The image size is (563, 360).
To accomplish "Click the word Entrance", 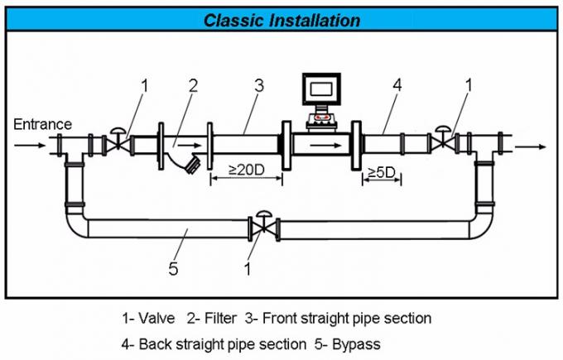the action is coord(42,124).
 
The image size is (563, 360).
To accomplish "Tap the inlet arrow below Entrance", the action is coord(30,145).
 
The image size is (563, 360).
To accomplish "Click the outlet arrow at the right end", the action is coord(531,146).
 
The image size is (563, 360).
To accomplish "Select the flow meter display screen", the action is coord(321,89).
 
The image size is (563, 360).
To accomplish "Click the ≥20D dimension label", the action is coord(247,170).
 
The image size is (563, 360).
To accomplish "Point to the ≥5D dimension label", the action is coord(382,173).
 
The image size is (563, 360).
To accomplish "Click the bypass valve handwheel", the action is coord(264,214).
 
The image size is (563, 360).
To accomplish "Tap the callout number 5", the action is coord(173,268).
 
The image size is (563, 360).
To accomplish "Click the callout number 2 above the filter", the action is coord(193,86).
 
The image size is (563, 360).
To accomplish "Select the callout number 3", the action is coord(259,85).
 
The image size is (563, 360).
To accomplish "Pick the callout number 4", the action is coord(397,85).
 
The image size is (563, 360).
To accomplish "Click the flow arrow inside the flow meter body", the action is coord(325,145).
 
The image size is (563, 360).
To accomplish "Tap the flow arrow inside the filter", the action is coord(190,145).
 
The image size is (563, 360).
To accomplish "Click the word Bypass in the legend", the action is coord(356,343).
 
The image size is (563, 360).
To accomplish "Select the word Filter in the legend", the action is coord(220,318).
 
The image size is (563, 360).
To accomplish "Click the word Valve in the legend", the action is coord(156,318).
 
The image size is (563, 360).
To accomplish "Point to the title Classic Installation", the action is coord(281,20).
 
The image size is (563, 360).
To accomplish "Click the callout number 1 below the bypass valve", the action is coord(248,269).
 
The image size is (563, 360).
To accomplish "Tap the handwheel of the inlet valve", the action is coord(117,130).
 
